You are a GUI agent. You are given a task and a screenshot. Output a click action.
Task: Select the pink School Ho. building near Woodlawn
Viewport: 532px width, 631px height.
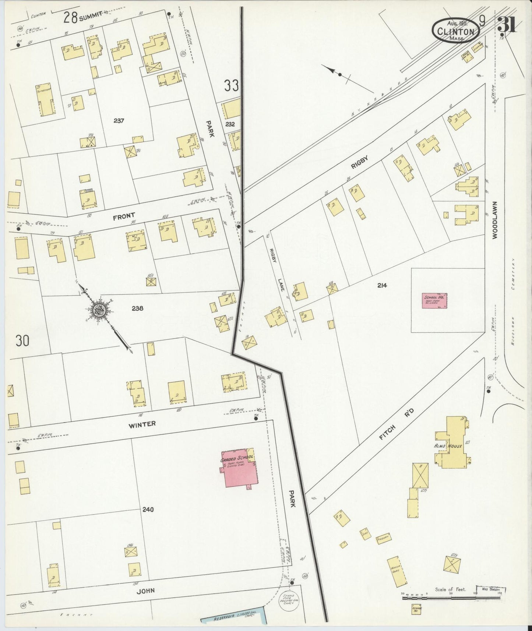click(x=434, y=300)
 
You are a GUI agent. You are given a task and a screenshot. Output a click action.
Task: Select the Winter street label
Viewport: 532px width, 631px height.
click(x=142, y=424)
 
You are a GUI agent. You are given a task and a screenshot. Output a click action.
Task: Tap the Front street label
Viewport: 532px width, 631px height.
click(x=124, y=216)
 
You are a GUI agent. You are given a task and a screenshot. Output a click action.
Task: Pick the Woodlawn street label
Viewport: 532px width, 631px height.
click(x=494, y=220)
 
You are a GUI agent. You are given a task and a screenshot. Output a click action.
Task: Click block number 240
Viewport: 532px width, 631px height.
click(x=148, y=510)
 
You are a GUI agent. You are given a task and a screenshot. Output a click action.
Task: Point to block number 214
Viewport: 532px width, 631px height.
click(x=382, y=285)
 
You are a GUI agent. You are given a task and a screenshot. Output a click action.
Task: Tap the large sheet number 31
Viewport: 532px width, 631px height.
click(x=507, y=25)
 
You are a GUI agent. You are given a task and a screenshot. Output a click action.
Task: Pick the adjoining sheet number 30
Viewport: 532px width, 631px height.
click(x=22, y=341)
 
